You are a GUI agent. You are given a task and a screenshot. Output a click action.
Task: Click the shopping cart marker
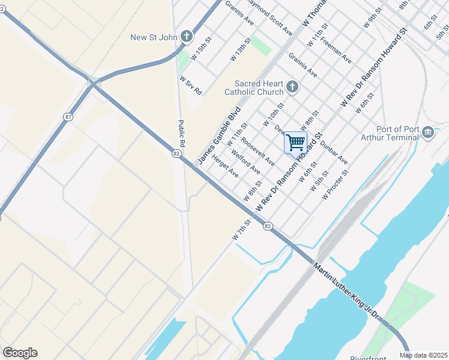tap(295, 143)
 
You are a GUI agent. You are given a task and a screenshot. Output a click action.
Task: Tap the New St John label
tap(154, 38)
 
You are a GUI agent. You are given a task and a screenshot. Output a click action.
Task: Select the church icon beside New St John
tap(187, 37)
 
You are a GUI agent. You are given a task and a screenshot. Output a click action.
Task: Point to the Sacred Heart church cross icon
tap(292, 88)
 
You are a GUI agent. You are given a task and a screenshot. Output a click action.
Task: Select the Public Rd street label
tap(181, 134)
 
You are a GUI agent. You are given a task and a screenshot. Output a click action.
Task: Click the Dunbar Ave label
tap(334, 151)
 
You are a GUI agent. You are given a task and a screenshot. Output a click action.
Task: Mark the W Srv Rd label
tap(190, 85)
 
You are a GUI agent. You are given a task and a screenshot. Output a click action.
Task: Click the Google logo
tap(20, 353)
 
